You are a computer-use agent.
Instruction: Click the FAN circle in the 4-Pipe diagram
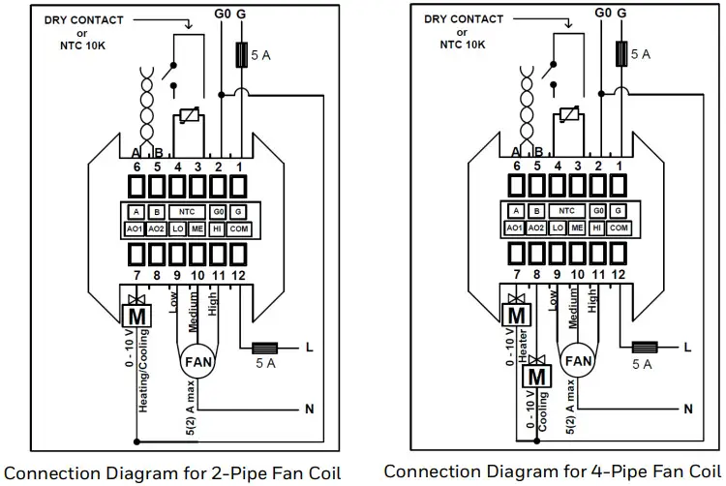point(579,361)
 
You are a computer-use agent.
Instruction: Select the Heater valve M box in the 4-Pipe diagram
point(517,315)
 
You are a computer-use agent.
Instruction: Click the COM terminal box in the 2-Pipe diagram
point(237,228)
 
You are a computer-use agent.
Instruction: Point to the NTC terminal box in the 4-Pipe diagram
point(568,211)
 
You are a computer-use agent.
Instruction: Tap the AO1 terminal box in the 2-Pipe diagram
point(136,228)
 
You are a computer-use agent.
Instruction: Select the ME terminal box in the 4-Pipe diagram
point(578,228)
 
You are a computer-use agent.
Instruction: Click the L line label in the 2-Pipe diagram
point(309,347)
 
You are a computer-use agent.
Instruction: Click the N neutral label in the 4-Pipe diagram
point(688,410)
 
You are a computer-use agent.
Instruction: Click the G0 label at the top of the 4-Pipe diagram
point(602,13)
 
